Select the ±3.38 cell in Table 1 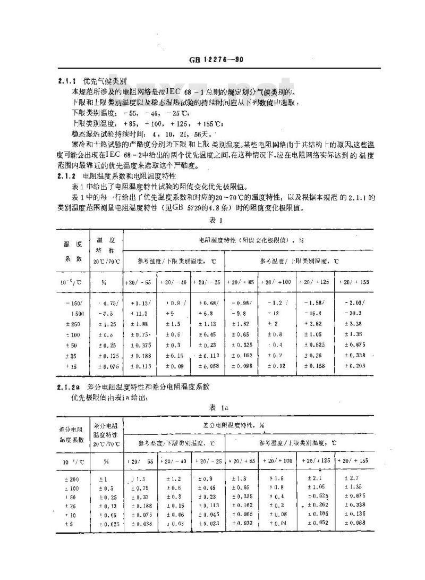click(353, 323)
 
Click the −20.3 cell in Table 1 click(353, 313)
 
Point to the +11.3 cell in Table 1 click(139, 313)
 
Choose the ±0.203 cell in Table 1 click(353, 366)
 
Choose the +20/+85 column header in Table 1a click(242, 460)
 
